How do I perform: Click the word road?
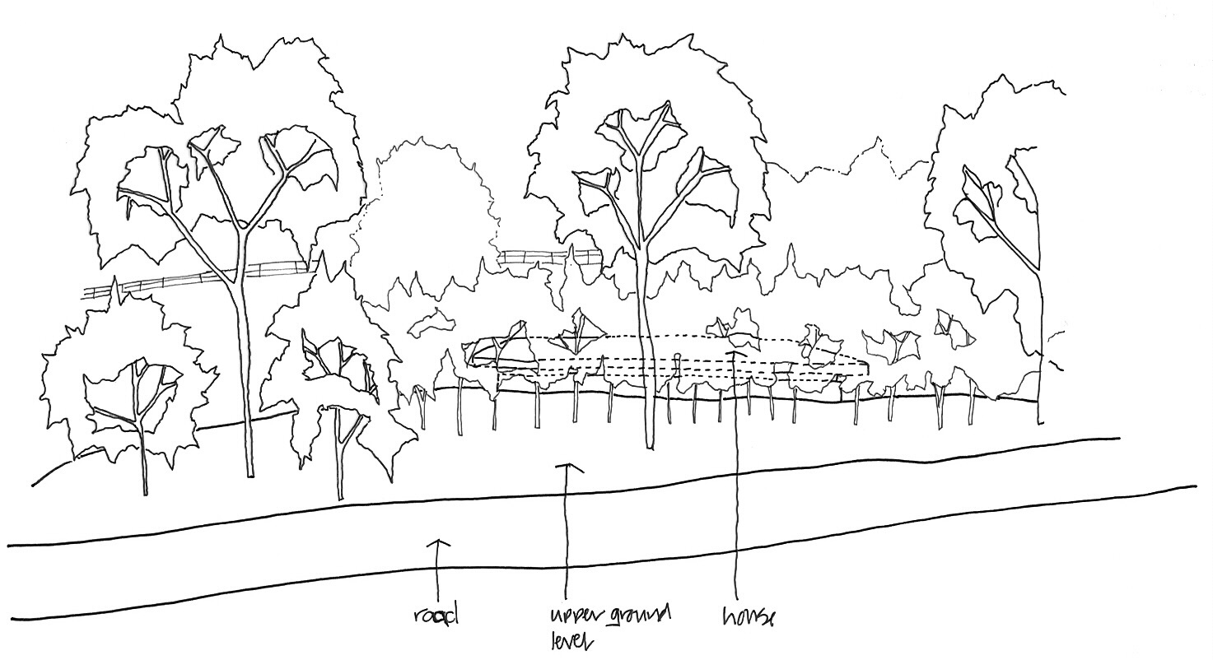pos(435,616)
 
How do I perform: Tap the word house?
pos(748,616)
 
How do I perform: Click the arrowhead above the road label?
pos(438,543)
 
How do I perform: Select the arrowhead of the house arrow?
pos(734,354)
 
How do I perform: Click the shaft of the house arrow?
pos(735,494)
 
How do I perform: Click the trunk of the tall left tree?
pos(245,370)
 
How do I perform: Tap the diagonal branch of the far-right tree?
pos(1005,230)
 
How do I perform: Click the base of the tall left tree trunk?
pos(249,473)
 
